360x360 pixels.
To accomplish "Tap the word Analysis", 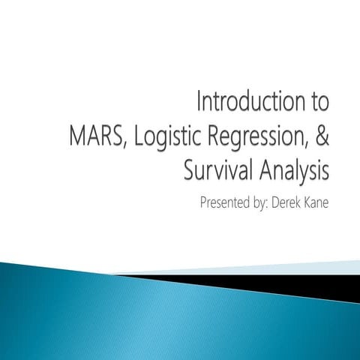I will pos(292,170).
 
